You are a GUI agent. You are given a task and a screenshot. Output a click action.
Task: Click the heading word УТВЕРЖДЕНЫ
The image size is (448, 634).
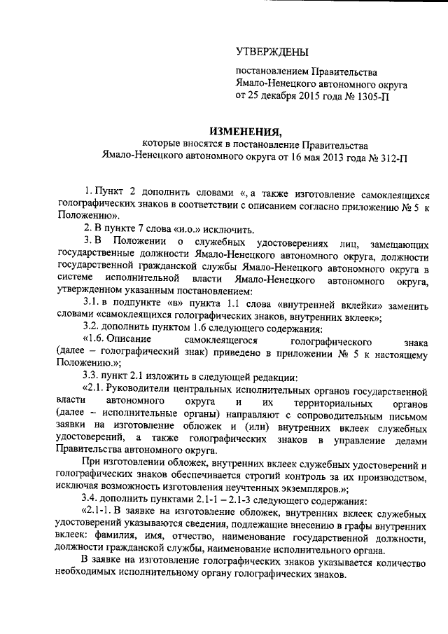(x=272, y=50)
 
